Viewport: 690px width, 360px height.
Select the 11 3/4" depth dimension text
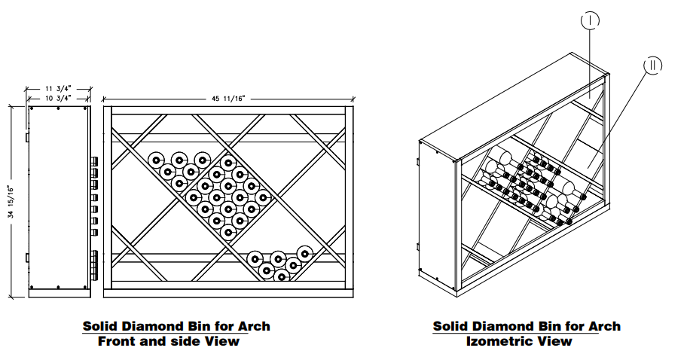coord(58,89)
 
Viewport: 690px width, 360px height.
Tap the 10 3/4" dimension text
coord(58,98)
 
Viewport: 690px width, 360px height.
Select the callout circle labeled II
coord(653,65)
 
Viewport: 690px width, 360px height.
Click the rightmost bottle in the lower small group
coord(305,252)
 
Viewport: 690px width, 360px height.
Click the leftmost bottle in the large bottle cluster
coord(156,160)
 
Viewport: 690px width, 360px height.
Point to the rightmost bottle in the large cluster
coord(262,197)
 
